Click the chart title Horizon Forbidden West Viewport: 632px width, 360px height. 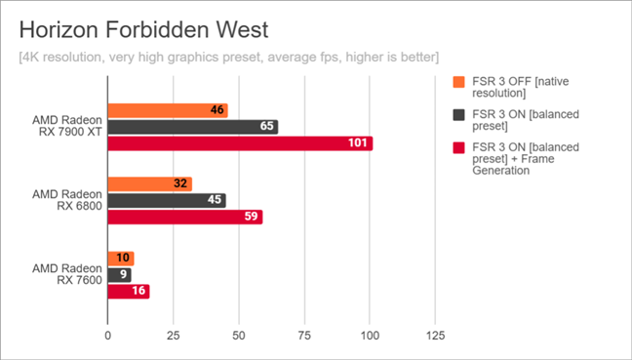coord(143,30)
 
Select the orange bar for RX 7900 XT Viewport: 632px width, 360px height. coord(168,110)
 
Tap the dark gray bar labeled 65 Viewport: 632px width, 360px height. coord(193,127)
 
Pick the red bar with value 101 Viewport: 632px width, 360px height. coord(240,143)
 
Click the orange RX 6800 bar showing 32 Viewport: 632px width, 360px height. coord(149,184)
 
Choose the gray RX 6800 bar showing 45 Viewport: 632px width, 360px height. coord(167,201)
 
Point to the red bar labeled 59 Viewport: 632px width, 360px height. coord(185,218)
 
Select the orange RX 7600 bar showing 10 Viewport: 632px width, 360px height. coord(121,259)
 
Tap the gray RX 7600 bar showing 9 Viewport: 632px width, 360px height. coord(119,275)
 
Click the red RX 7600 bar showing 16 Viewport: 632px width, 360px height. coord(129,292)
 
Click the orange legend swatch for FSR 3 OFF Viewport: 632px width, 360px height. coord(458,82)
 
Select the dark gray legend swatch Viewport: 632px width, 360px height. coord(458,115)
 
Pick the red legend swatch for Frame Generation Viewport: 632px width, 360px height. coord(458,147)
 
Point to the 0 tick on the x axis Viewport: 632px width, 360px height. coord(107,336)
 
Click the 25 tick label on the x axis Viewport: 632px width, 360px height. coord(173,336)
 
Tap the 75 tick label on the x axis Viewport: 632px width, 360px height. coord(304,336)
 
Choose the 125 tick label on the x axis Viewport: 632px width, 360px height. coord(435,336)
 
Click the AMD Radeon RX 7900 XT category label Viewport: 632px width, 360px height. coord(67,126)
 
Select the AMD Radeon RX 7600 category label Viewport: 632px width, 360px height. coord(67,274)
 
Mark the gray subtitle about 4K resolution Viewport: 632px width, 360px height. coord(229,58)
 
